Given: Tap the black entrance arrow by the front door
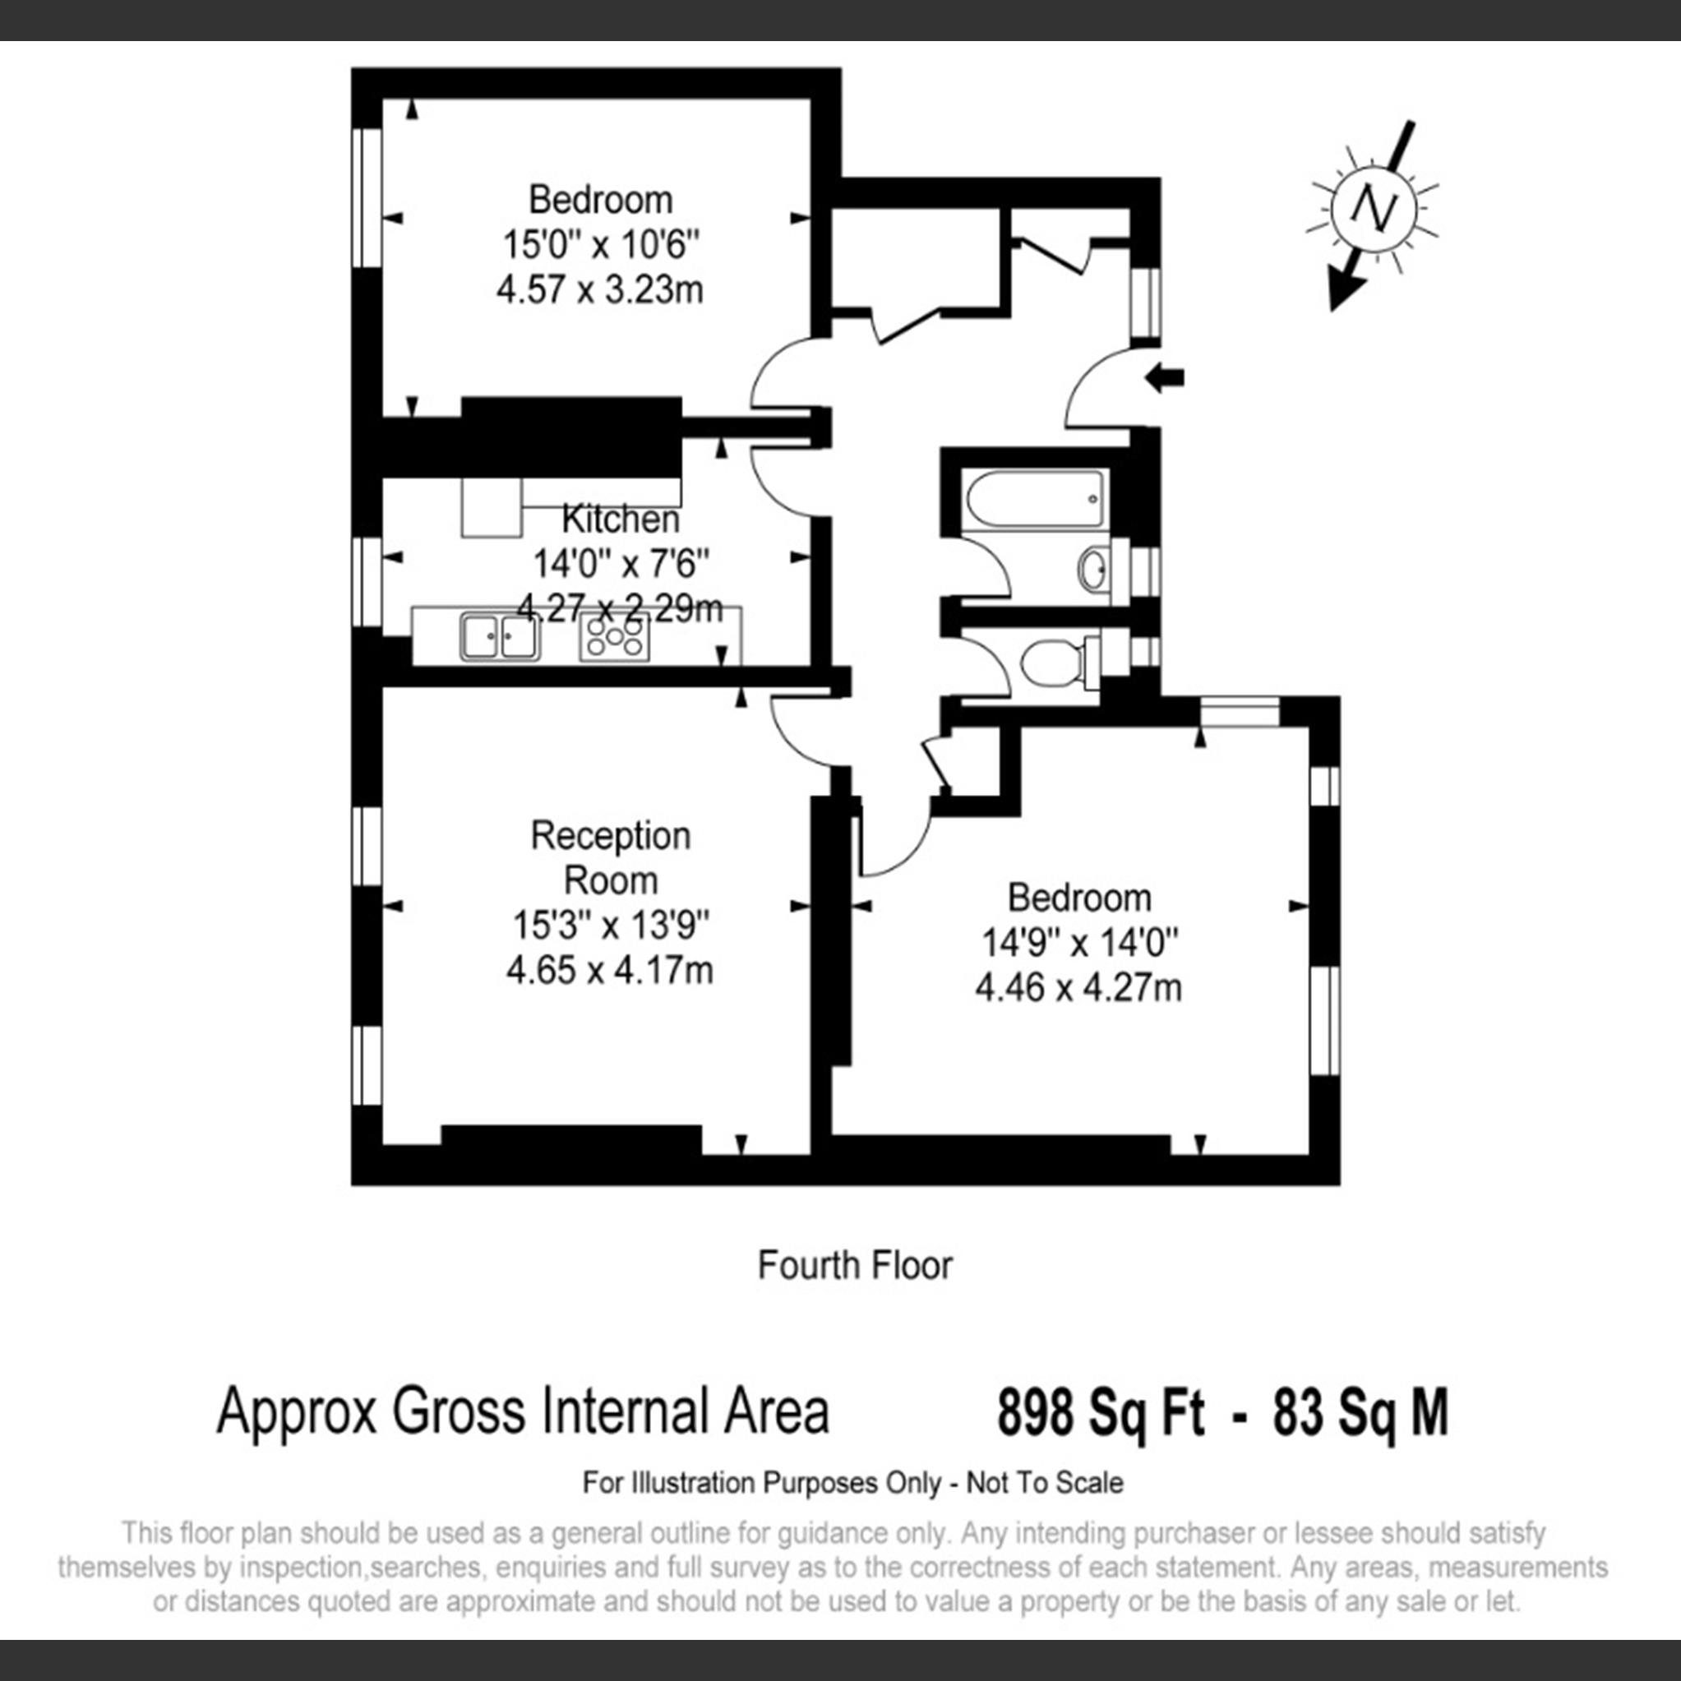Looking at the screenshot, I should pyautogui.click(x=1165, y=377).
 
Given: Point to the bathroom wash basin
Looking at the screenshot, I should pyautogui.click(x=1095, y=570).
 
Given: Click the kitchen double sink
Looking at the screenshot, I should pyautogui.click(x=500, y=637).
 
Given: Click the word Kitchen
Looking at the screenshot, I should pyautogui.click(x=621, y=520).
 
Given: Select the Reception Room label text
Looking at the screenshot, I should pyautogui.click(x=610, y=858).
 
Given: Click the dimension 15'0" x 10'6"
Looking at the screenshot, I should pyautogui.click(x=600, y=244).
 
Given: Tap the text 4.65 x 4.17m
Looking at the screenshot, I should pyautogui.click(x=609, y=969).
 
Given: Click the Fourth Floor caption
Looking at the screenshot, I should pyautogui.click(x=854, y=1265).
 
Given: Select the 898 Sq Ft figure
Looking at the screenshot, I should pyautogui.click(x=1101, y=1412).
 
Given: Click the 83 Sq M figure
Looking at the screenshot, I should pyautogui.click(x=1360, y=1412).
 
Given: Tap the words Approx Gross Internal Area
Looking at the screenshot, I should pyautogui.click(x=522, y=1412).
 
